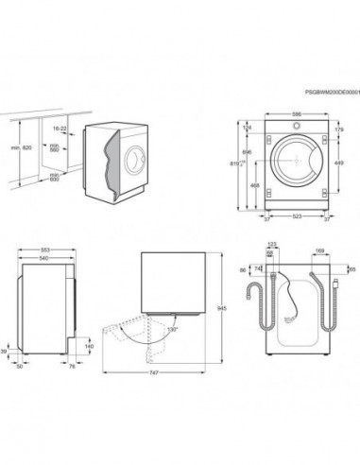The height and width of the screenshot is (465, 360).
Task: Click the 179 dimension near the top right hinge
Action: pos(339,129)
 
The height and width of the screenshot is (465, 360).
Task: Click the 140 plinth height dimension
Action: pos(89,347)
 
